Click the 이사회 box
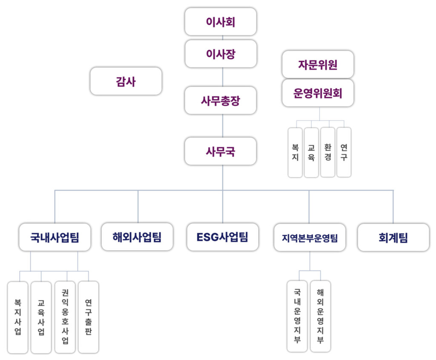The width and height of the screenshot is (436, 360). coord(221,22)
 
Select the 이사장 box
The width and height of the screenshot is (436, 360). coord(221,54)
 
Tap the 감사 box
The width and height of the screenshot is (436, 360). coord(126,81)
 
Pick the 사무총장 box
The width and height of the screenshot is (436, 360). coord(221,100)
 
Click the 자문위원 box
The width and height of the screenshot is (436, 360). coord(318,65)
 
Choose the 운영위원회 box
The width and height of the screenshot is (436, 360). coord(318,93)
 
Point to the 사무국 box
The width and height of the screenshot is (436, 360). coord(221,151)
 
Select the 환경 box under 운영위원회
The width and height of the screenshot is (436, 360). coord(327,152)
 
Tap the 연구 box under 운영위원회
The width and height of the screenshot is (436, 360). coord(344,152)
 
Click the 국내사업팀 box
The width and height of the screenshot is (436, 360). coord(55,237)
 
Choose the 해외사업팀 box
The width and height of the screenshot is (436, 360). coord(137,237)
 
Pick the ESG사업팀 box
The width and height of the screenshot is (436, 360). coord(222,237)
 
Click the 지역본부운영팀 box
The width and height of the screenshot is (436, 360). coord(310,237)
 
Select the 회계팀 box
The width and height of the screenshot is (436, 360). coord(393,237)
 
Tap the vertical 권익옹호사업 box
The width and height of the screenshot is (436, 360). coord(65,317)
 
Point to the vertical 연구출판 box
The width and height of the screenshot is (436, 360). coord(88,317)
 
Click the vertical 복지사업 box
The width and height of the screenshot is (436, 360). coord(18,317)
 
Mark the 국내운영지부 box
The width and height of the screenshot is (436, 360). coord(297,316)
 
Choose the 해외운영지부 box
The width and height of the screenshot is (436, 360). coord(320,316)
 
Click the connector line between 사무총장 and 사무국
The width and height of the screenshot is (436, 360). coord(223,126)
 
